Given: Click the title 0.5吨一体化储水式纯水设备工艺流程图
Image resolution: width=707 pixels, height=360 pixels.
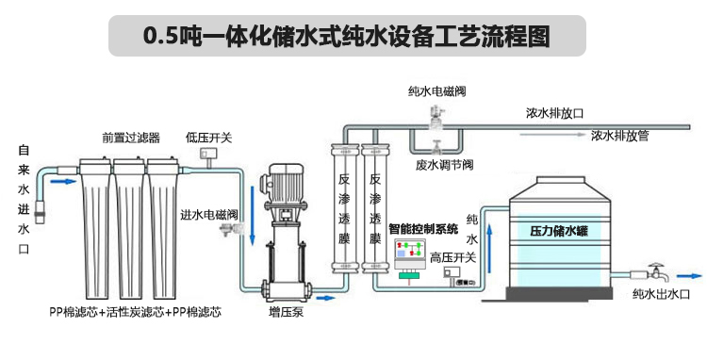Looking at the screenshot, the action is (347, 36).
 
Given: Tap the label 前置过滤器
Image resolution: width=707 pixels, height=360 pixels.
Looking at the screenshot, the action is (131, 138).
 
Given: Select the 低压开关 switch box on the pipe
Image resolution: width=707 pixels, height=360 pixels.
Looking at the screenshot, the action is (208, 154).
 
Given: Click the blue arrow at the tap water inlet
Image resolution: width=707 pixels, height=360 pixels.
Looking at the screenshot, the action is (63, 182).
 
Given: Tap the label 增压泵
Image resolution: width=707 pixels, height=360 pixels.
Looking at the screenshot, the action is (286, 312).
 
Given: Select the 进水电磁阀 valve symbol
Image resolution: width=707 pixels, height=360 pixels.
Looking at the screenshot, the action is (230, 229).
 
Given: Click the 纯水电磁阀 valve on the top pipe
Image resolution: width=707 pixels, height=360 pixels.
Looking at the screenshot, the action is (436, 116).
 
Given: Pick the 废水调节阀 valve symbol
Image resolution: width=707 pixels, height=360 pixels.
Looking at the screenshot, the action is (436, 147).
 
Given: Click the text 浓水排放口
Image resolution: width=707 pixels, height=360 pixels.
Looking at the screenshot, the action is (554, 113).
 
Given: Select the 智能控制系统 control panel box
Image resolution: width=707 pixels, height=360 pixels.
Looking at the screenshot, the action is (410, 258).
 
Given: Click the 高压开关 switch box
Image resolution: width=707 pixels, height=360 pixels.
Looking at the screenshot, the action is (452, 271).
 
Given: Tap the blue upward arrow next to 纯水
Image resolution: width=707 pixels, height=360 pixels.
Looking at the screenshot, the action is (489, 249).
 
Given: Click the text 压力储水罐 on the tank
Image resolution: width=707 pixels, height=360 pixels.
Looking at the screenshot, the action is (559, 231).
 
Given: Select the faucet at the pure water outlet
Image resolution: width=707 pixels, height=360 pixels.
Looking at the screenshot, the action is (656, 272).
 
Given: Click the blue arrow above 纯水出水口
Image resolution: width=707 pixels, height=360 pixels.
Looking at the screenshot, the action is (690, 276).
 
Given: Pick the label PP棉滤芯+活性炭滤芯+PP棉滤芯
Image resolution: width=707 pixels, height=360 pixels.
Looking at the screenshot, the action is (135, 312).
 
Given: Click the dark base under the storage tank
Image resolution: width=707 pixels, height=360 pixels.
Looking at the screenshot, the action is (559, 294).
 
